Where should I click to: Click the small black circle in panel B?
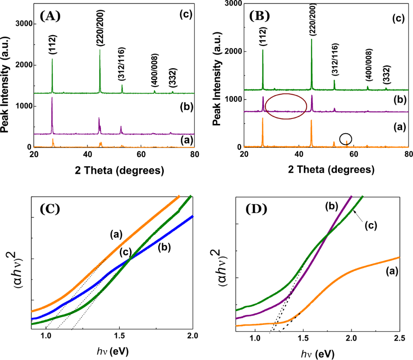346,139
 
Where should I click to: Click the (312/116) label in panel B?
334,64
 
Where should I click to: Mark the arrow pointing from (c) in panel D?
358,220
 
